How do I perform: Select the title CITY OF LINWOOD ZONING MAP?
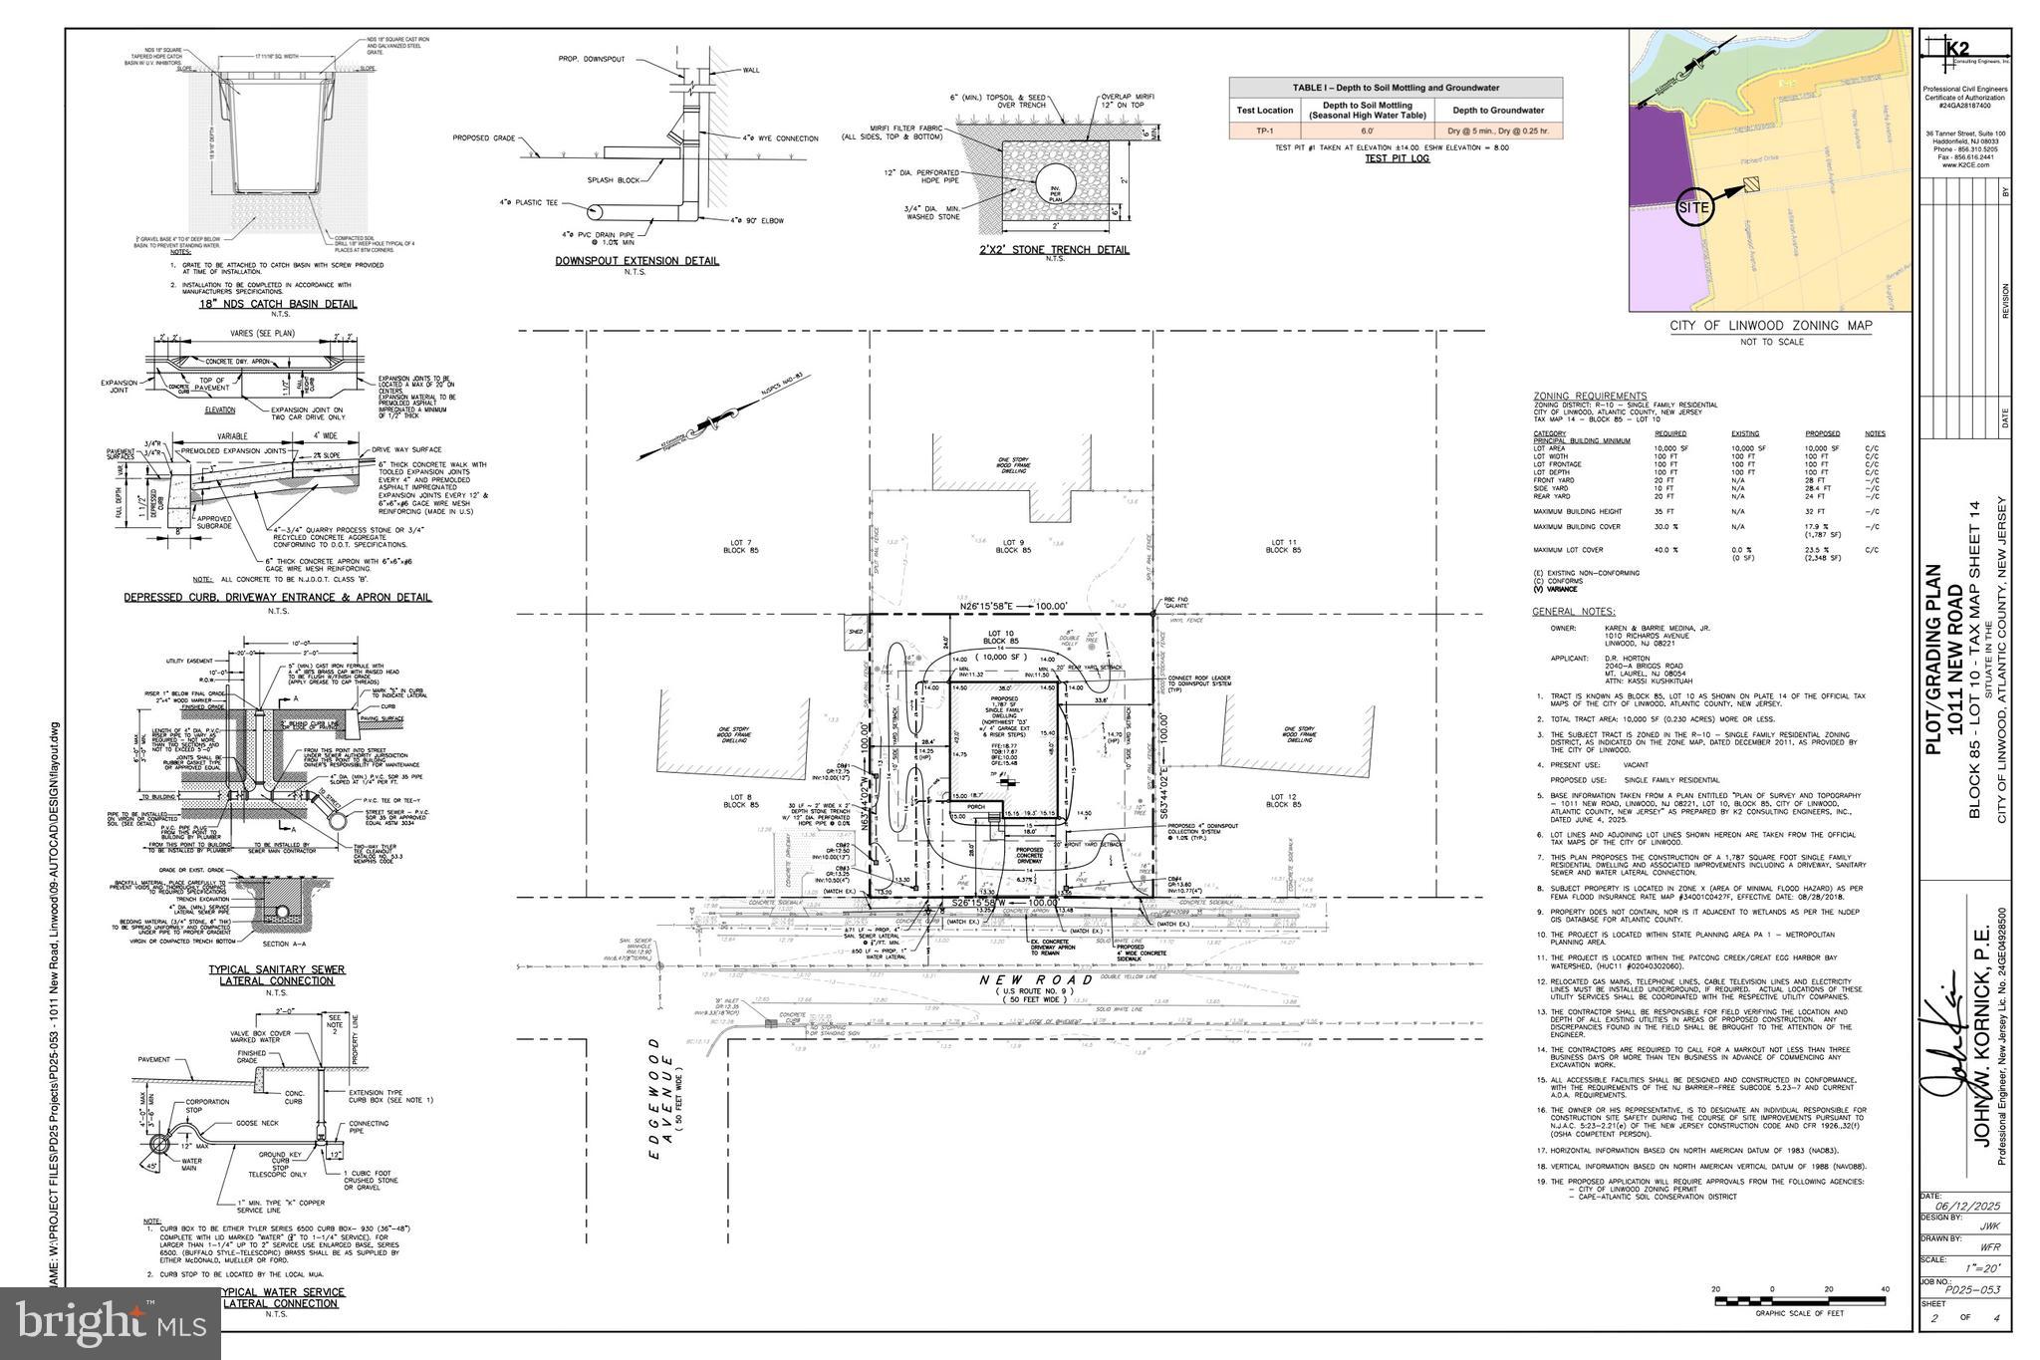[1771, 326]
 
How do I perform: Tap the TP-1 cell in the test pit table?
[1264, 131]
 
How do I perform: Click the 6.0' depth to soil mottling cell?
[1367, 131]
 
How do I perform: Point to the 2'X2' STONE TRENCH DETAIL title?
[1053, 249]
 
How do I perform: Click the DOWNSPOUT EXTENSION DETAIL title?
[637, 261]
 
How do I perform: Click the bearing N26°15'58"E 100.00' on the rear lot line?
[1012, 606]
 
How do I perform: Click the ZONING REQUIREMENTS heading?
[1590, 396]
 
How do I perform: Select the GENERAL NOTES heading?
[1573, 611]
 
